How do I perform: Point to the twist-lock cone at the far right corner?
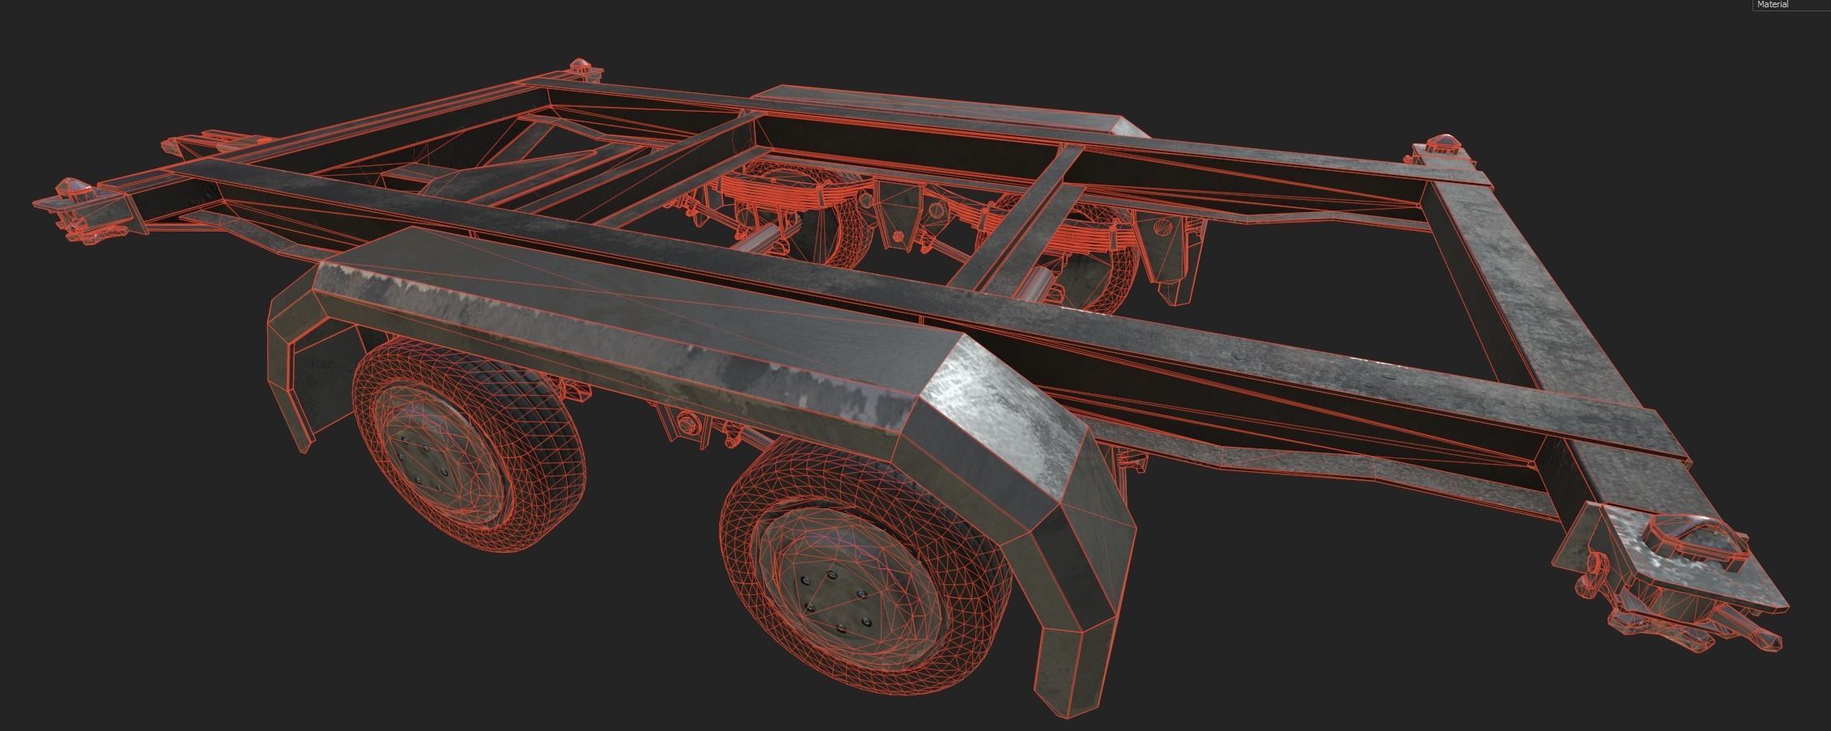(x=1446, y=146)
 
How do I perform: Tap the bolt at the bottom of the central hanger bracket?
(x=898, y=236)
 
